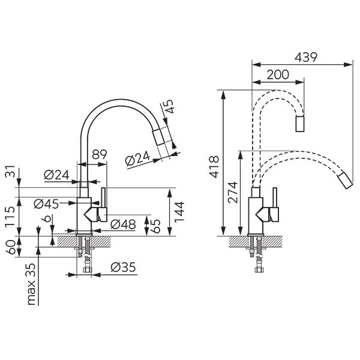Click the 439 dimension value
305,58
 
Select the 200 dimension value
278,74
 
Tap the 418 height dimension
214,167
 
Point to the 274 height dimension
232,192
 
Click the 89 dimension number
100,155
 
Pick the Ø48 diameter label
123,224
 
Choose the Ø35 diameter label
123,267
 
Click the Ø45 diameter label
46,204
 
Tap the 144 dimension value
179,212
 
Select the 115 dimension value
10,216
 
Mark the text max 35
31,284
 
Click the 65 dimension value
155,226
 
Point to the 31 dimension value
10,171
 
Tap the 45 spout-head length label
169,106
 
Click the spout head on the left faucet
158,137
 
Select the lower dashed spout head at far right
346,180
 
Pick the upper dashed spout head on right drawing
300,124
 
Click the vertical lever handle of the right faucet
275,197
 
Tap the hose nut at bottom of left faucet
87,269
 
